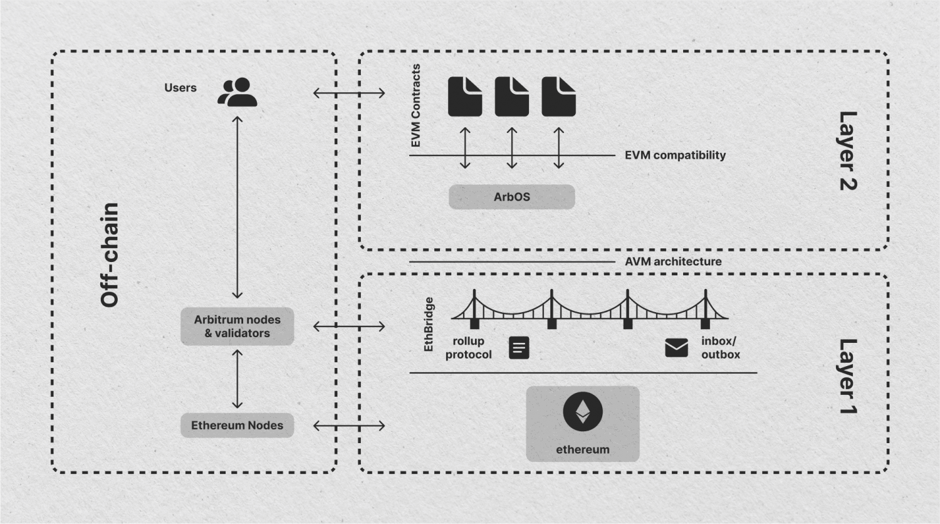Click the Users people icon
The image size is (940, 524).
pyautogui.click(x=238, y=92)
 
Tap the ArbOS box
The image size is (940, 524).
pyautogui.click(x=511, y=197)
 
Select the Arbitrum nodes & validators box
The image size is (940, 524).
pyautogui.click(x=237, y=327)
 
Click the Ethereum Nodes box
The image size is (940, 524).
pyautogui.click(x=237, y=426)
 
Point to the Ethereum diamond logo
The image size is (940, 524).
pyautogui.click(x=582, y=412)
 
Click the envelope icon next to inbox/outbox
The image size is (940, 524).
pyautogui.click(x=676, y=347)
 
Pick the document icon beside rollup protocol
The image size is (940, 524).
pyautogui.click(x=519, y=348)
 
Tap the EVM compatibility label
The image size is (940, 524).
pyautogui.click(x=675, y=155)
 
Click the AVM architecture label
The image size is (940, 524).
pyautogui.click(x=673, y=261)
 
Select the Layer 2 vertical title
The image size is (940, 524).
pyautogui.click(x=847, y=151)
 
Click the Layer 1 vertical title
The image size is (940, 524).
pyautogui.click(x=847, y=376)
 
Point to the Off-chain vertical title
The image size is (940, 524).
pyautogui.click(x=110, y=255)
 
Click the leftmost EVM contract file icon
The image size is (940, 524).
pyautogui.click(x=465, y=97)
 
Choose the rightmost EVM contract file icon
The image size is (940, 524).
pyautogui.click(x=558, y=97)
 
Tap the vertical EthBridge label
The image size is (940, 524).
pyautogui.click(x=429, y=324)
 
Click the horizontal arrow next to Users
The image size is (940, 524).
pyautogui.click(x=349, y=93)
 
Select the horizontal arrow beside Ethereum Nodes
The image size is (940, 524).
pyautogui.click(x=349, y=426)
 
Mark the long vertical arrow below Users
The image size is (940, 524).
pyautogui.click(x=237, y=207)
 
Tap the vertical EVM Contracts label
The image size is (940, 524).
pyautogui.click(x=416, y=106)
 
